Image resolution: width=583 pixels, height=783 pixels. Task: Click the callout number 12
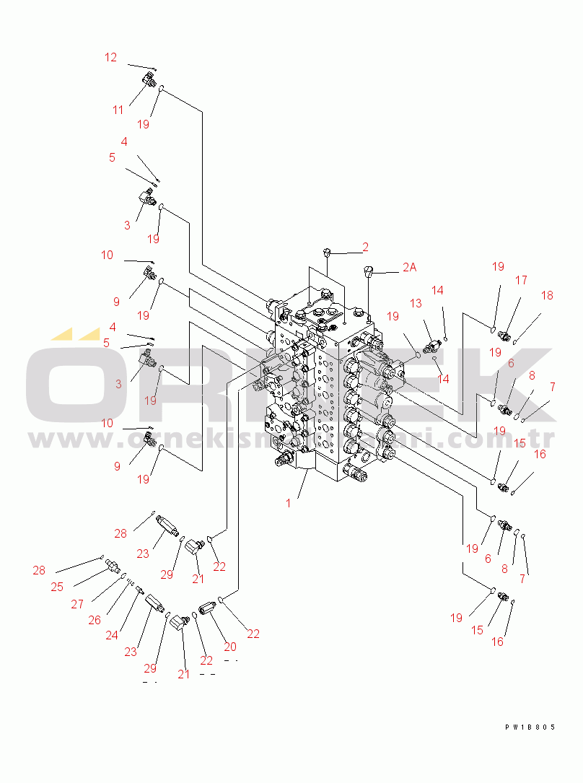[x=110, y=58]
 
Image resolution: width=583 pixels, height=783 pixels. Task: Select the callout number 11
[x=118, y=110]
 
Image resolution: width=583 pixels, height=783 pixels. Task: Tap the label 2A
[x=409, y=267]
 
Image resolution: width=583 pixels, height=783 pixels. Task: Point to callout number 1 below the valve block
[x=289, y=503]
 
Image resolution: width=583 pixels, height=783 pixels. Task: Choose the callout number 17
[x=521, y=280]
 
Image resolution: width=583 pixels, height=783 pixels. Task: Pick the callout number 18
[x=547, y=295]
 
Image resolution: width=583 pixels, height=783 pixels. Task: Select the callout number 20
[x=230, y=647]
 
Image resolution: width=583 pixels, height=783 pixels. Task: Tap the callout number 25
[x=57, y=587]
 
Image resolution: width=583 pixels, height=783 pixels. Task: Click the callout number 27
[x=77, y=605]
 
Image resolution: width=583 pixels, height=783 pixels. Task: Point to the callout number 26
[x=95, y=619]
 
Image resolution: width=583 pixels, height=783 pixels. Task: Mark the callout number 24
[x=112, y=635]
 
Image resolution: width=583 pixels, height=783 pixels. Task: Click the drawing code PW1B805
[x=530, y=727]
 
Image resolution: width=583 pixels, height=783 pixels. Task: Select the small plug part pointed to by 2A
[x=369, y=274]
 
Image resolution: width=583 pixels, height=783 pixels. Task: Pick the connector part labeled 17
[x=504, y=336]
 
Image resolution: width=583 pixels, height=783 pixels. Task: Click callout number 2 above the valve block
[x=366, y=247]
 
